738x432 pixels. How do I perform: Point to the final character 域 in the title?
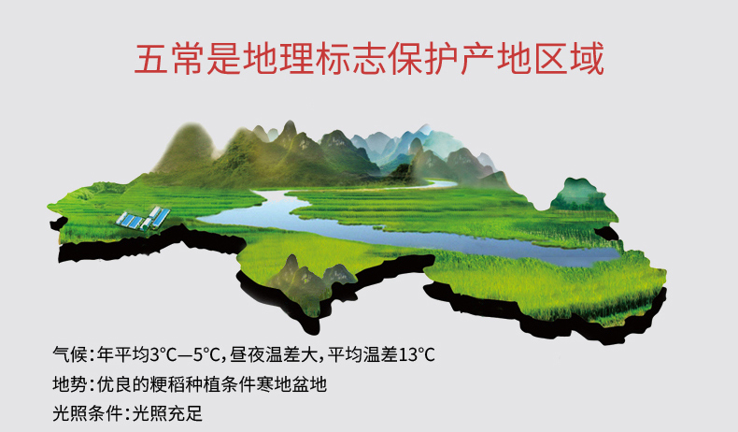[587, 58]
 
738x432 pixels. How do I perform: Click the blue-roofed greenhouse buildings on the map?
[144, 218]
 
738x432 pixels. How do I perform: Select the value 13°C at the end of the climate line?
[417, 354]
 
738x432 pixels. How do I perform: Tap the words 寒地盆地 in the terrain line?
[291, 384]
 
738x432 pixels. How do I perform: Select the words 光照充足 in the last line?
[167, 413]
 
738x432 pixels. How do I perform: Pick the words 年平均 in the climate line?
[123, 354]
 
